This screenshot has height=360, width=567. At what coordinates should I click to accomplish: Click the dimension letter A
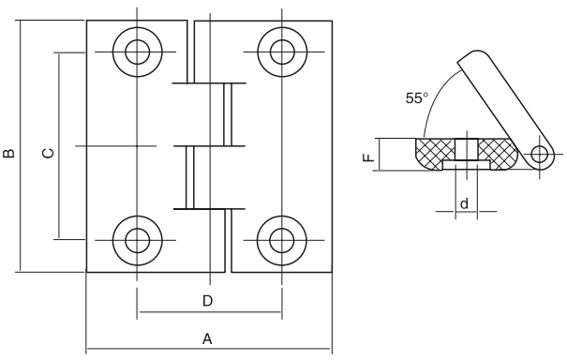click(207, 339)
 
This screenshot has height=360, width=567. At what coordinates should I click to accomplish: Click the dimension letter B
click(8, 153)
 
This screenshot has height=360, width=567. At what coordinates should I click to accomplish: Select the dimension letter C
click(49, 153)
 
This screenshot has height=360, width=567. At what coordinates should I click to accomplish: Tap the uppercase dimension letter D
click(207, 301)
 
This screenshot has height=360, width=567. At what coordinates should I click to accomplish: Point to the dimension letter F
click(368, 157)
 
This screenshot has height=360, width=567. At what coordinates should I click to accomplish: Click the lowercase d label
click(464, 203)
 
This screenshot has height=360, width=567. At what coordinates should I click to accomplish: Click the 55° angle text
click(416, 98)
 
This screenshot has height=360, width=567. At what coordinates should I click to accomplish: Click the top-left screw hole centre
click(137, 52)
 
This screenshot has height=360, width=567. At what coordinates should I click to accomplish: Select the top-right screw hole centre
click(282, 52)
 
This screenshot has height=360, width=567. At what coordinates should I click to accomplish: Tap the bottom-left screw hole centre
click(137, 240)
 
